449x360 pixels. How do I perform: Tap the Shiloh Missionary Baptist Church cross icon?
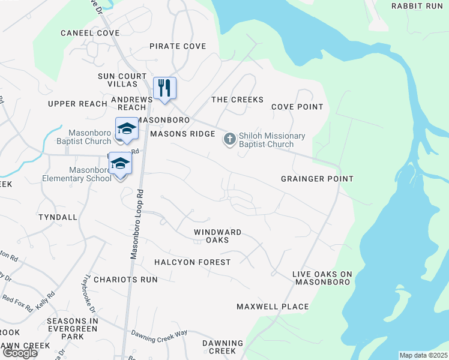point(229,140)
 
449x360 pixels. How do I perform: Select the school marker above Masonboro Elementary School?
point(120,165)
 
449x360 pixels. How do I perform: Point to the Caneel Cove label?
point(90,33)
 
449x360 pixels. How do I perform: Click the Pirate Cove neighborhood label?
point(178,46)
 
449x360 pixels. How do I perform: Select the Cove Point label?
point(297,107)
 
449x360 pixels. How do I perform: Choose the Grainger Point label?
point(317,179)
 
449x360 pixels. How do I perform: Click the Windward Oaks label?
point(218,236)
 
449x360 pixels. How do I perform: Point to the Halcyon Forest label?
point(192,262)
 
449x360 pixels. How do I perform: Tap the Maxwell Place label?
point(273,307)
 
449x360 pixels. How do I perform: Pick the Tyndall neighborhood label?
point(58,217)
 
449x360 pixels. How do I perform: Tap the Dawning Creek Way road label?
point(160,336)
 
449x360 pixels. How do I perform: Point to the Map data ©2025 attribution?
point(423,355)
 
